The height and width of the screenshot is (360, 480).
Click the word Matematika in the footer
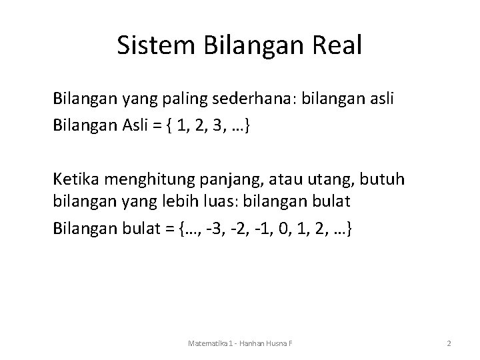point(203,343)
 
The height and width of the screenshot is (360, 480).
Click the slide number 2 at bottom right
point(449,343)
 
